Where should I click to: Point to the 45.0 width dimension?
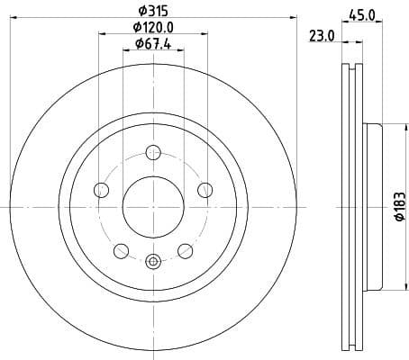[362, 13]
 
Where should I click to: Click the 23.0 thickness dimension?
[322, 36]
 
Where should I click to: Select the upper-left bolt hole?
[101, 189]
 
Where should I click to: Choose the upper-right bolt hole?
[204, 189]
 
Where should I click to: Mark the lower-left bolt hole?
[121, 250]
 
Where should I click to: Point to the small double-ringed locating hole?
[152, 262]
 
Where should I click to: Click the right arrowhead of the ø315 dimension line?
[294, 19]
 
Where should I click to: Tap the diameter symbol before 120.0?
[131, 27]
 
